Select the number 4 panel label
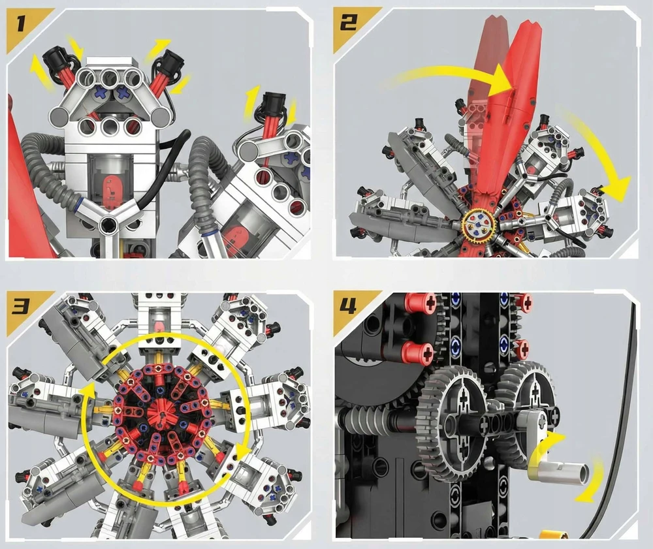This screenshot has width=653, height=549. [x=348, y=307]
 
